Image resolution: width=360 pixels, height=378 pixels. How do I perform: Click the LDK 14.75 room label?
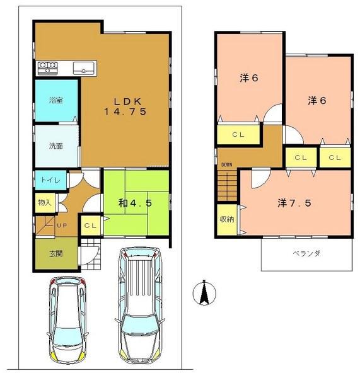[125, 107]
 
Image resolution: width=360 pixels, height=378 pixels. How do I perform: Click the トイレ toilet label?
[50, 180]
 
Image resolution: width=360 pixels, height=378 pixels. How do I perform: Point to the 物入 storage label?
[45, 203]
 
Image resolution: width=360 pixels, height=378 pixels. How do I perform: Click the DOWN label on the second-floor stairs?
[226, 166]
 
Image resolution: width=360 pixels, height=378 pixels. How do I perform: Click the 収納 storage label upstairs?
[226, 219]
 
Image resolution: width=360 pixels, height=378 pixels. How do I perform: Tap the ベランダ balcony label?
[306, 254]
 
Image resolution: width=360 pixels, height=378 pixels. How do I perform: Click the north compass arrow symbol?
[205, 292]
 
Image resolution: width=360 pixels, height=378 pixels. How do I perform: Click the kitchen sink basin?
[84, 67]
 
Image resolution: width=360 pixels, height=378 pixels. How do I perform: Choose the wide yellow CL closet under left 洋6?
[238, 135]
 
